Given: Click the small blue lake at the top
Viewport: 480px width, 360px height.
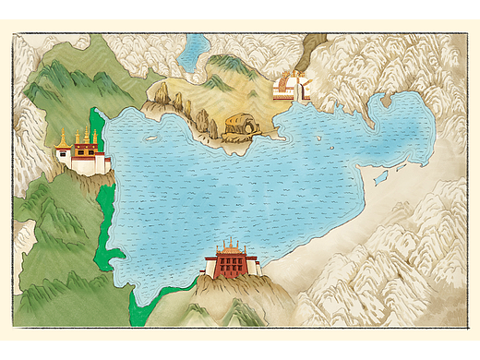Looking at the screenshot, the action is point(194,53).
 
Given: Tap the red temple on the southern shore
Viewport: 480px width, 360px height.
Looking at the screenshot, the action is point(233,262).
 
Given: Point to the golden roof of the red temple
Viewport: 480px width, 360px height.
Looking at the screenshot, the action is point(231,246).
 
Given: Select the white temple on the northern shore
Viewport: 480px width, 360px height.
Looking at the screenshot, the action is point(290,88).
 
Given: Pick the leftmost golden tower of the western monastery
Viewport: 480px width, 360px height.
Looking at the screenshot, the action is point(63,140).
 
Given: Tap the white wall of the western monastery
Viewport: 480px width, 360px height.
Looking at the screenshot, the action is point(85,167).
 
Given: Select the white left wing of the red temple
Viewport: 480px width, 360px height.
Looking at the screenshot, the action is point(210,268).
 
